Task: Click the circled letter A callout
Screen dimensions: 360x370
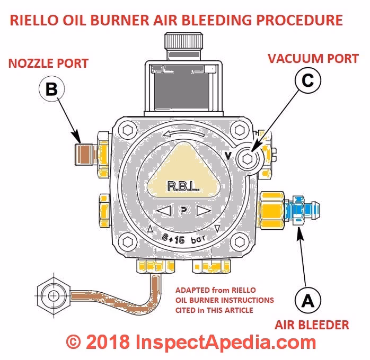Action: pyautogui.click(x=307, y=300)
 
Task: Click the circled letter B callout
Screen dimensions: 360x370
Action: pyautogui.click(x=51, y=90)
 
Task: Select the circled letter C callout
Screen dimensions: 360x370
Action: pyautogui.click(x=311, y=80)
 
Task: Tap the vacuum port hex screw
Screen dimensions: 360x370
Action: pyautogui.click(x=248, y=157)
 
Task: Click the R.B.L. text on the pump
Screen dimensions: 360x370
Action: pyautogui.click(x=183, y=186)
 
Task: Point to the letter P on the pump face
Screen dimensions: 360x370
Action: pyautogui.click(x=184, y=211)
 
